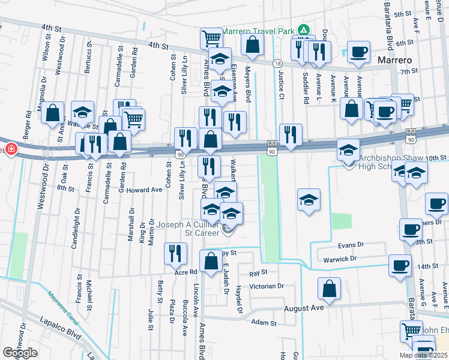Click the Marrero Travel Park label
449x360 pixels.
pyautogui.click(x=259, y=31)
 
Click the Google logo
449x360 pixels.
pyautogui.click(x=20, y=353)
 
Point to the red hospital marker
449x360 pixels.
pyautogui.click(x=11, y=149)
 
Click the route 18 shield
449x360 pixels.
pyautogui.click(x=277, y=63)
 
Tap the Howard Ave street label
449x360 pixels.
pyautogui.click(x=144, y=190)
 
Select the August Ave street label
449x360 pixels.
pyautogui.click(x=303, y=307)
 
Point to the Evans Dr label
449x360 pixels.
pyautogui.click(x=351, y=245)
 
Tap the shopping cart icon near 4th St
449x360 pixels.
pyautogui.click(x=211, y=38)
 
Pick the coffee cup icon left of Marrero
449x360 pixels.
pyautogui.click(x=358, y=51)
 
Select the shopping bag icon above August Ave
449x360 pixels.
pyautogui.click(x=330, y=289)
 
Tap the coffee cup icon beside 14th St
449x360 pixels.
pyautogui.click(x=399, y=265)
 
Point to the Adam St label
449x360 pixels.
pyautogui.click(x=264, y=322)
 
